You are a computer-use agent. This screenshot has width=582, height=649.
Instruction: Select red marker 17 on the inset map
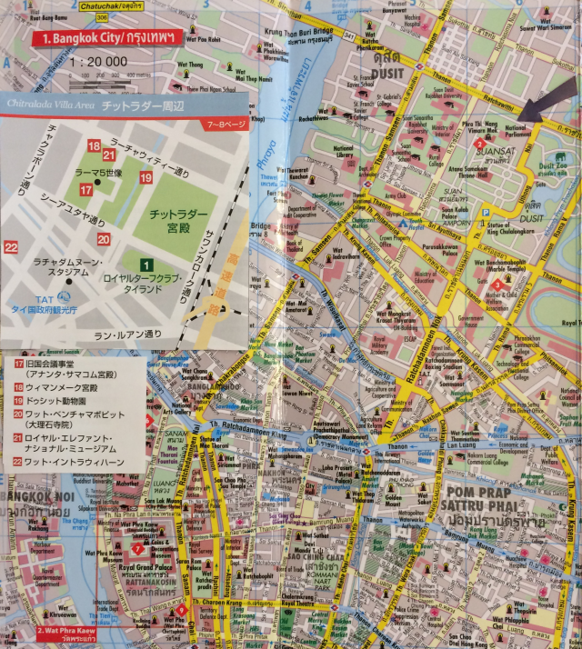tap(85, 190)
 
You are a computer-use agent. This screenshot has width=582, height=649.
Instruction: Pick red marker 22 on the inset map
tap(11, 246)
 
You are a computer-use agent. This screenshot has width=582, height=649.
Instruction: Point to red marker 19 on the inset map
tap(145, 176)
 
